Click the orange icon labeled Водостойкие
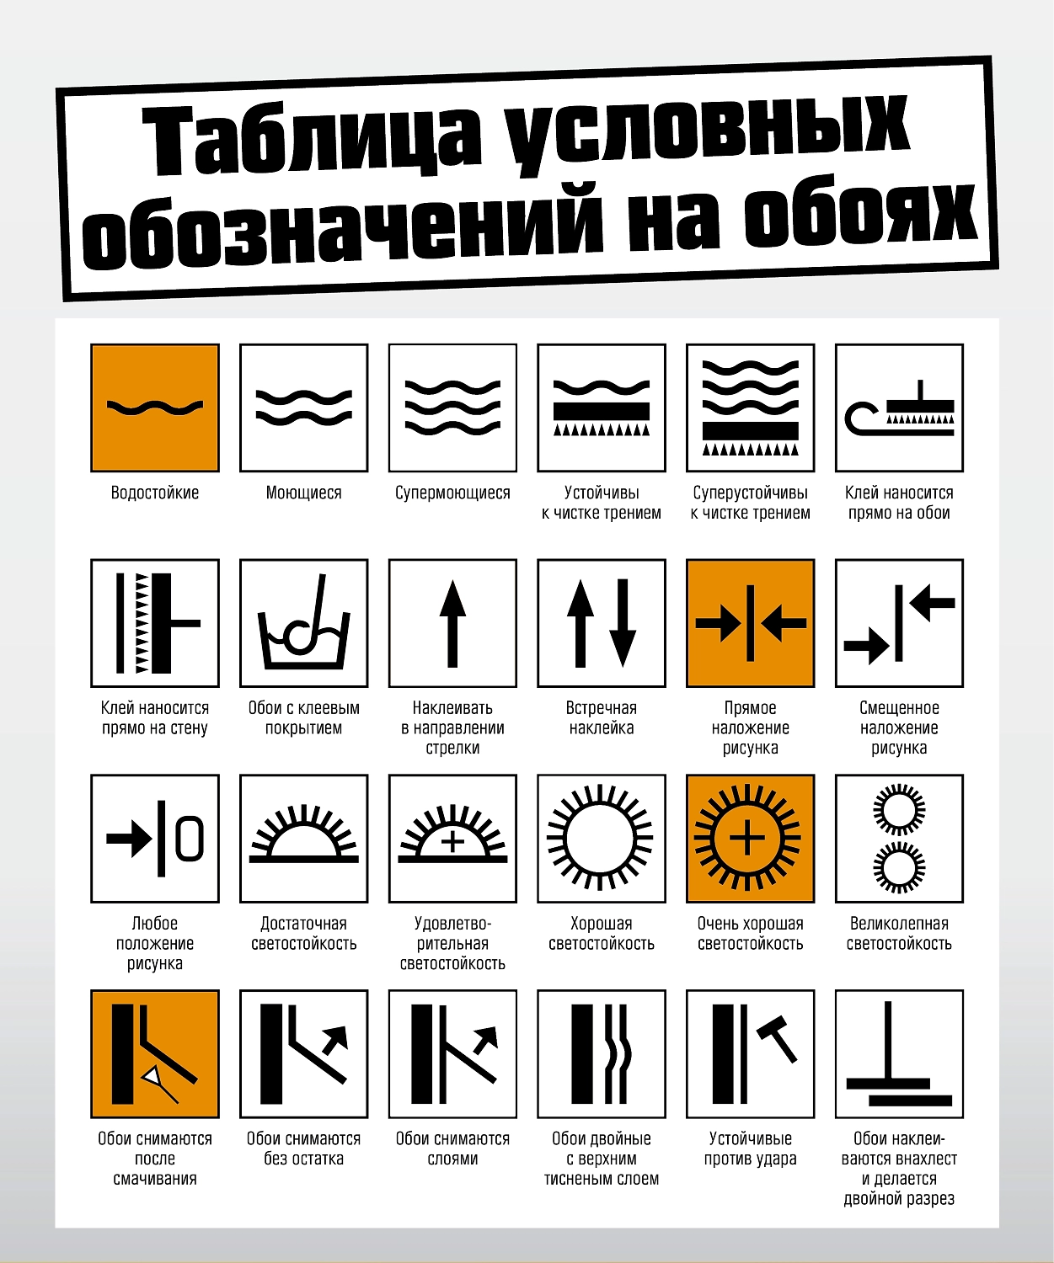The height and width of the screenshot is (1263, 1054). click(155, 408)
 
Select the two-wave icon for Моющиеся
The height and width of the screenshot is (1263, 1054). click(304, 408)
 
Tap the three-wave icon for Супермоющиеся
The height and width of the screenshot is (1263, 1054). click(452, 408)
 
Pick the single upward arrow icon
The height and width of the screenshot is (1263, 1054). click(452, 623)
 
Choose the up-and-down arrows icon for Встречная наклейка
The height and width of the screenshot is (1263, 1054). click(602, 623)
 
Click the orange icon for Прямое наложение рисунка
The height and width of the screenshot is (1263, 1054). click(750, 623)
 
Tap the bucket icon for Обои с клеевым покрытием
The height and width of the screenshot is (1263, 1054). click(304, 623)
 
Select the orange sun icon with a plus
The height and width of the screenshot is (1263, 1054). click(750, 839)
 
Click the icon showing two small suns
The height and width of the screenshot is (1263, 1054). click(899, 839)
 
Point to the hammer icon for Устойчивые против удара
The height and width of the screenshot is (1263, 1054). click(750, 1053)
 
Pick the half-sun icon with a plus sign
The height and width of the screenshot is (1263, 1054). click(452, 839)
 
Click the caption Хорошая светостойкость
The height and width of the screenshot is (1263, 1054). click(602, 933)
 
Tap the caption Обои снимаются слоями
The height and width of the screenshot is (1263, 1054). click(452, 1148)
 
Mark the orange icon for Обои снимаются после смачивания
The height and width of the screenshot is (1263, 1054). click(155, 1053)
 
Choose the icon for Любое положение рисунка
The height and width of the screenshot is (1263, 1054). click(155, 839)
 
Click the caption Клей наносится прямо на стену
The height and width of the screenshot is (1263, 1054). click(155, 718)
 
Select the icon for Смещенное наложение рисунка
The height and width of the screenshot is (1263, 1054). click(899, 623)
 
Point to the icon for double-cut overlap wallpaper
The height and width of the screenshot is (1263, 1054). click(899, 1053)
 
